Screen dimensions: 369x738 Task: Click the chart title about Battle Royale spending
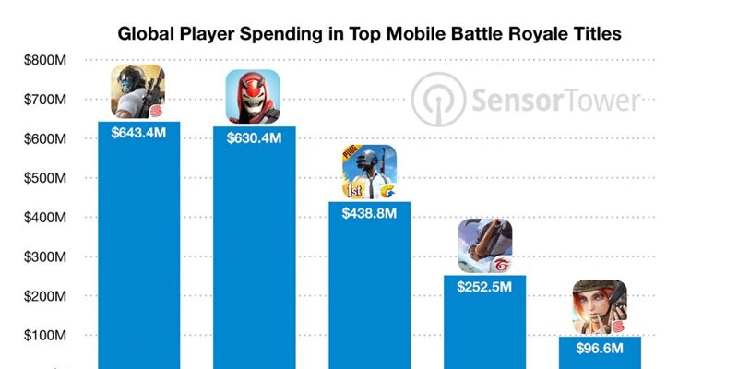pyautogui.click(x=369, y=34)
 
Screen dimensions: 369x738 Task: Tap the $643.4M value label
pyautogui.click(x=138, y=134)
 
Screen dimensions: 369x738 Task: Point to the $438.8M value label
pyautogui.click(x=369, y=214)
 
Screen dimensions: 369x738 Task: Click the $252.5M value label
pyautogui.click(x=485, y=287)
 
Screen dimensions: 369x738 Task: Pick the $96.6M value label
pyautogui.click(x=601, y=349)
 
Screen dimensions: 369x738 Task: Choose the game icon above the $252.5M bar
pyautogui.click(x=485, y=245)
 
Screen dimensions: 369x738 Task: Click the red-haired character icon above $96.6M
pyautogui.click(x=601, y=307)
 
